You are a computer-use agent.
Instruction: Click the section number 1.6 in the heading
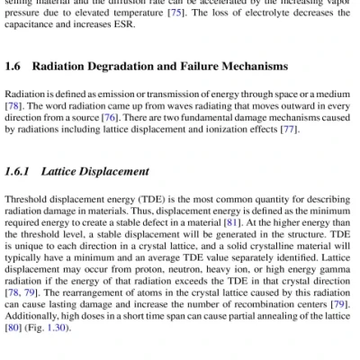click(12, 67)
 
